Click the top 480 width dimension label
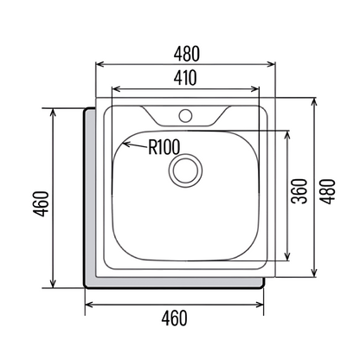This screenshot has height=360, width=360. (x=187, y=54)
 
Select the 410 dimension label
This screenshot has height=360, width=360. (x=185, y=78)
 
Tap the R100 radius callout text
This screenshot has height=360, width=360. (x=164, y=147)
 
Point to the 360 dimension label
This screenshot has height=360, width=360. (x=299, y=191)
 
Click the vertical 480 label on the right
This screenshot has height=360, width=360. (x=328, y=191)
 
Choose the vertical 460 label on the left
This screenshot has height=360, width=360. (x=41, y=203)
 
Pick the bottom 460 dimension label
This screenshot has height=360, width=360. (x=174, y=318)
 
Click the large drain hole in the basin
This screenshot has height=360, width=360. (x=185, y=170)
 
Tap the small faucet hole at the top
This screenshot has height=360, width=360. (x=185, y=116)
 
